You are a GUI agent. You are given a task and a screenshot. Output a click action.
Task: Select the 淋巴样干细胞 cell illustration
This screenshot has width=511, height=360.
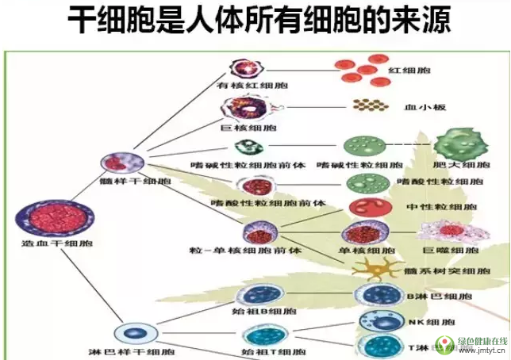131,331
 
